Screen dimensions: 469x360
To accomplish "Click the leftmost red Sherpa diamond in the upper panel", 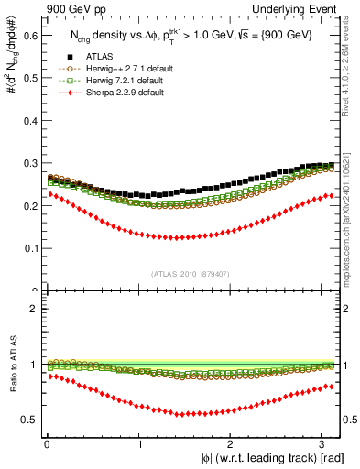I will [x=51, y=194].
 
